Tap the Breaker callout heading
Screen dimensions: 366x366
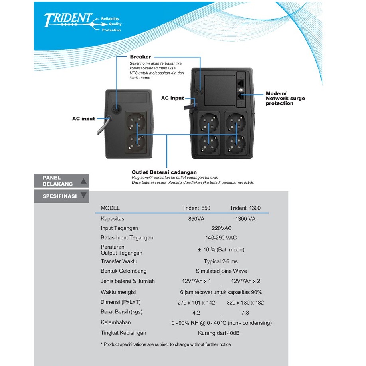(140, 57)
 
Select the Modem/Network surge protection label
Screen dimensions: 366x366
(285, 98)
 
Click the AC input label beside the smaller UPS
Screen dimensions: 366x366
(83, 119)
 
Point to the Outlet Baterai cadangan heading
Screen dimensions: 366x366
(164, 172)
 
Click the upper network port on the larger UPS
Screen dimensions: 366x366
(241, 83)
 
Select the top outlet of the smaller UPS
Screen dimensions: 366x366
(136, 122)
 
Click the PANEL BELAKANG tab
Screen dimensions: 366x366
(61, 181)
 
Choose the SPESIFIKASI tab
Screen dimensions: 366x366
(61, 196)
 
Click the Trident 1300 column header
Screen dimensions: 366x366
(245, 208)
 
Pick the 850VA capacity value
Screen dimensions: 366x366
(196, 219)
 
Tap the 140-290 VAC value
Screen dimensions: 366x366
(221, 238)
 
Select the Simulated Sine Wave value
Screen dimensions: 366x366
(221, 271)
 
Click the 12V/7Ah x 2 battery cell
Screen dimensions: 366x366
(245, 281)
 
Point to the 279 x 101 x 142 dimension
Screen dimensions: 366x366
(196, 303)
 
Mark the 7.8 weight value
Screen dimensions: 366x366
(245, 313)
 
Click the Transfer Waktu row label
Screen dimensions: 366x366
(119, 261)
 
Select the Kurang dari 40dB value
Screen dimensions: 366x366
(219, 333)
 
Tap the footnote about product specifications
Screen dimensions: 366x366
(166, 344)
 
